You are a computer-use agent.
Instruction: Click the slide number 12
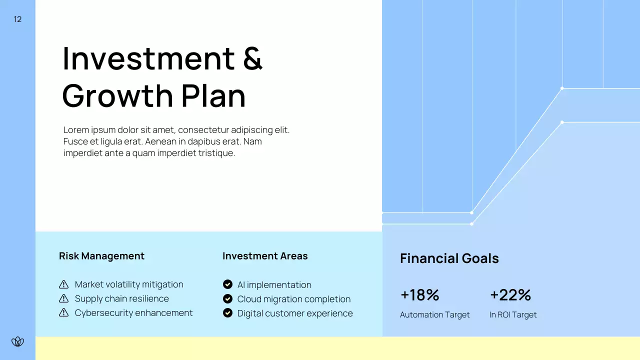[x=18, y=19]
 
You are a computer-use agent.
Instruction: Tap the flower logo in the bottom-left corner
[x=18, y=341]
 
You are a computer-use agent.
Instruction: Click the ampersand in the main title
[x=252, y=58]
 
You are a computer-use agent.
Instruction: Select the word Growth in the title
[x=117, y=95]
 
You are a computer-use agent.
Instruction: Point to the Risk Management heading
[x=101, y=256]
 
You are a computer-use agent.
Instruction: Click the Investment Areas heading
[x=265, y=256]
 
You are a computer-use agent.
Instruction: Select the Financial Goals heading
[x=449, y=258]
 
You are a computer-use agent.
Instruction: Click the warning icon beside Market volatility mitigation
[x=64, y=284]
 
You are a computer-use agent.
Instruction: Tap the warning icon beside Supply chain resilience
[x=64, y=298]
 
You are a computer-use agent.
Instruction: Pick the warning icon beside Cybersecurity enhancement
[x=64, y=312]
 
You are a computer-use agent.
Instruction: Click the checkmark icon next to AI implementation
[x=227, y=284]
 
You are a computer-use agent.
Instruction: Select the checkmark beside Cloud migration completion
[x=227, y=299]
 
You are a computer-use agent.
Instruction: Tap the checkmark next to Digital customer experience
[x=227, y=313]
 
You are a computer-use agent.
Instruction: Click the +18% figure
[x=419, y=295]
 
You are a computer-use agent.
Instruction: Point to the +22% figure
[x=510, y=295]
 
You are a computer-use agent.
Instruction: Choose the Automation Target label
[x=434, y=314]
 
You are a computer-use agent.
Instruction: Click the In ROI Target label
[x=512, y=314]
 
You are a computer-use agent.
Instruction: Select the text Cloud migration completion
[x=293, y=299]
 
